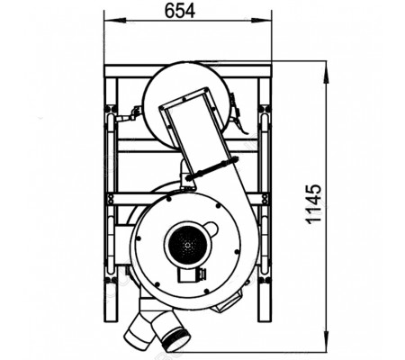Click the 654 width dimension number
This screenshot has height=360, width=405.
coord(180,11)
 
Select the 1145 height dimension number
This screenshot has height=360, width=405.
coord(314,204)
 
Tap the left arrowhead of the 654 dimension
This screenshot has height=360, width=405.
coord(112,21)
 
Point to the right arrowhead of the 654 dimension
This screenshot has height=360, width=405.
coord(263,21)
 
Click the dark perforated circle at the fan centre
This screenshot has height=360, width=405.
coord(186,244)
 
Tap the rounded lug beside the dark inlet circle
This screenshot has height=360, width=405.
coord(212,229)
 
